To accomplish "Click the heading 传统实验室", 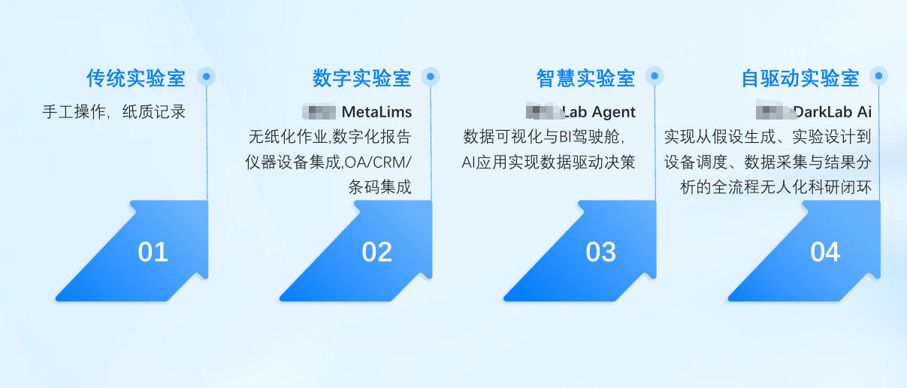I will point(135,78).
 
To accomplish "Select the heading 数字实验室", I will point(361,78).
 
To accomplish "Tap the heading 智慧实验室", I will point(585,78).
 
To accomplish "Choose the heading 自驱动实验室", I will point(800,78).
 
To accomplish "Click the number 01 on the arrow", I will point(153,253).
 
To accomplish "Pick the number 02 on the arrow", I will point(376,253).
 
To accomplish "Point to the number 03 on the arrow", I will point(600,253).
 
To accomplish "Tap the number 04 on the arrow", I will point(824,253).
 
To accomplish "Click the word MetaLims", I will point(376,113).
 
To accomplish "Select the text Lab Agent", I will point(599,113).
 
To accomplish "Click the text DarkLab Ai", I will point(833,113).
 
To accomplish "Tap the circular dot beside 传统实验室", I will point(207,76).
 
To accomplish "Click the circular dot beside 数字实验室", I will point(431,76).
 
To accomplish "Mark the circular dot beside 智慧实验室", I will point(655,76).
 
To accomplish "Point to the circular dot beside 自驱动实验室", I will point(878,76).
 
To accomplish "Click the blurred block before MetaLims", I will point(319,112).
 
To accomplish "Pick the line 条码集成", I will point(379,187).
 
